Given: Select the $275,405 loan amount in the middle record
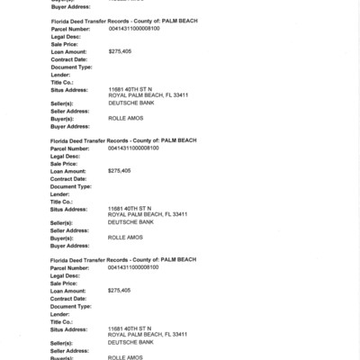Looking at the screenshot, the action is pos(119,170).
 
